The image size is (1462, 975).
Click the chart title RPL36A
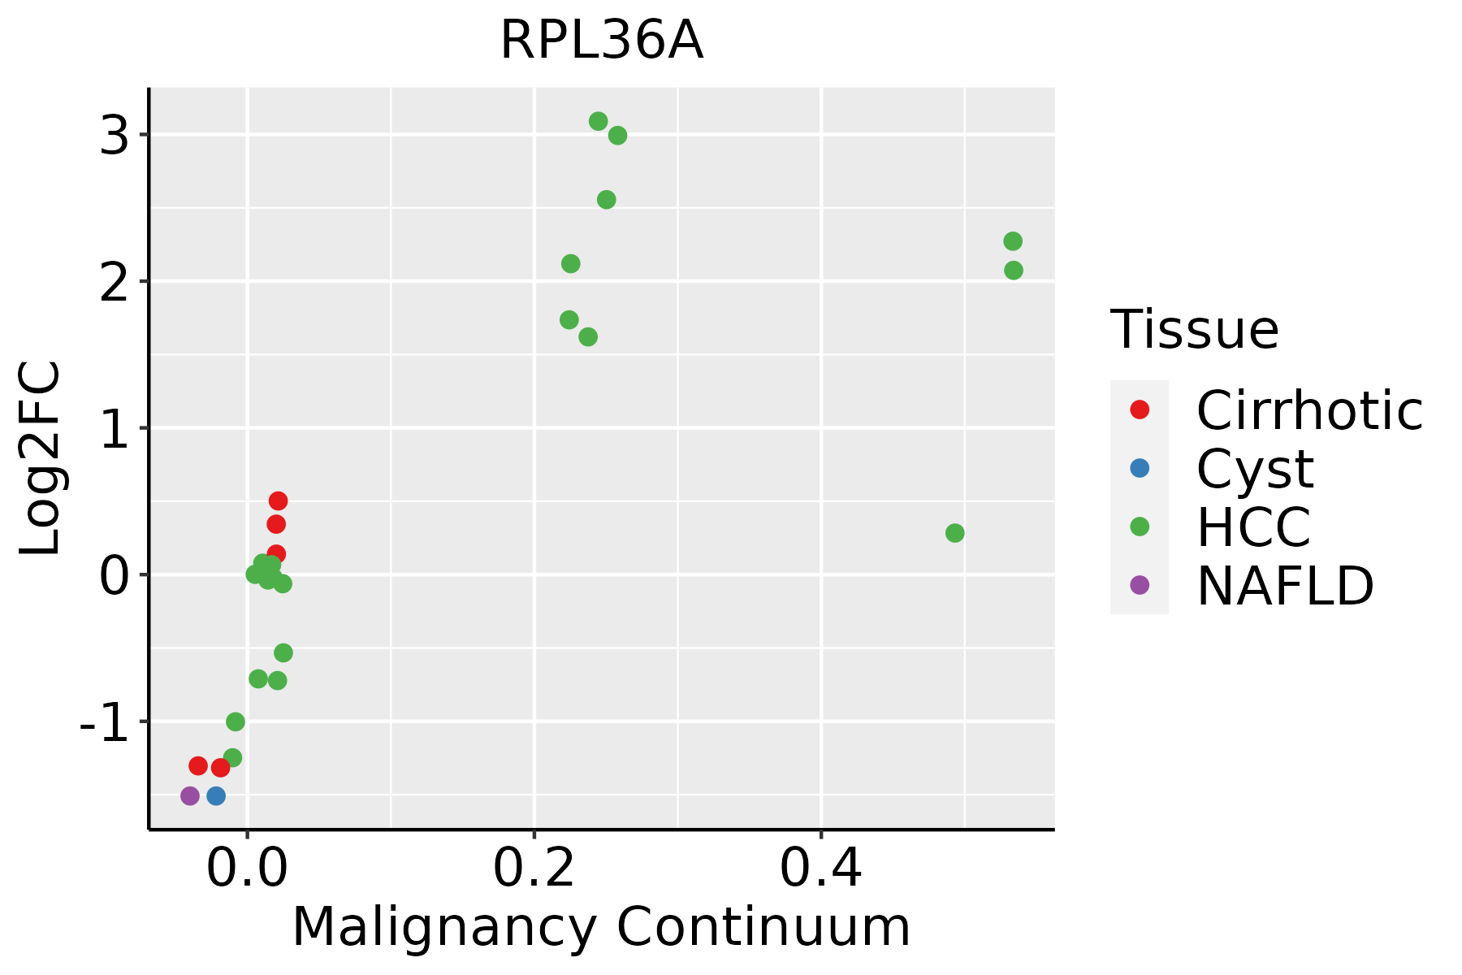pos(601,41)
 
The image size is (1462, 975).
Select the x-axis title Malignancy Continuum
pos(601,927)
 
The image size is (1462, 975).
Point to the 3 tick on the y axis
pos(115,136)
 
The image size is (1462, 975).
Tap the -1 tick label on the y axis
pos(103,722)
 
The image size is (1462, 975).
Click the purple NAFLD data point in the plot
pos(190,795)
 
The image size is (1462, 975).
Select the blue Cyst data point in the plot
pos(216,795)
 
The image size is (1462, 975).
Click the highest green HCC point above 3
pos(599,122)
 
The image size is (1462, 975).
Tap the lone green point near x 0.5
pos(955,533)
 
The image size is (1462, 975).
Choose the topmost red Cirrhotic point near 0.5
pos(279,500)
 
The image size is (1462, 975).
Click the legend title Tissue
pos(1194,330)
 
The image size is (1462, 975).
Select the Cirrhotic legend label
pos(1309,410)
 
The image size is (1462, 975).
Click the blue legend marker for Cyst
pos(1140,468)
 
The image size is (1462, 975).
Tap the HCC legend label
pos(1253,526)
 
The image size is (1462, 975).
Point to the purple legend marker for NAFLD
pos(1140,584)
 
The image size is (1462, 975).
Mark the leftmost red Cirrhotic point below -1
pos(198,765)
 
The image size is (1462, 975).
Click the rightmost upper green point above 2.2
pos(1013,241)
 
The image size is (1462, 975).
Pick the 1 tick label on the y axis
pos(115,429)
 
